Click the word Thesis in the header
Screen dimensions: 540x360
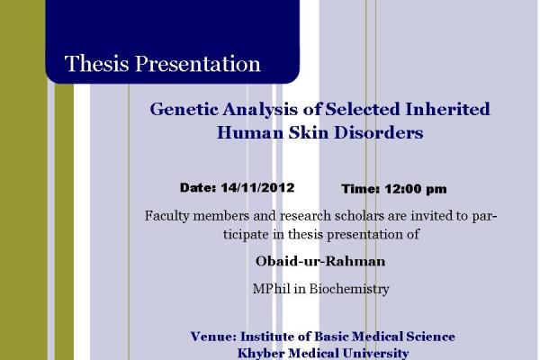(97, 63)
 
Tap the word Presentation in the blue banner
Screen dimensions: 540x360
(198, 63)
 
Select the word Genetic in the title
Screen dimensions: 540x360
(184, 109)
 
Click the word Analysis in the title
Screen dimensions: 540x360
(260, 110)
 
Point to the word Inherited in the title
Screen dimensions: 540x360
(447, 109)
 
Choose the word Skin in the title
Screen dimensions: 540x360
(309, 132)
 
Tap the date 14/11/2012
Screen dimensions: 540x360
(257, 187)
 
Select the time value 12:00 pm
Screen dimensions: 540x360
(415, 189)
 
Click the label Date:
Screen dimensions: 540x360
(198, 187)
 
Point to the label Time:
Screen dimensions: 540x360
(361, 189)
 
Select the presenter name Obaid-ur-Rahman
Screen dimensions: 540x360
(320, 261)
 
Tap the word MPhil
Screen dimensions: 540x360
(272, 288)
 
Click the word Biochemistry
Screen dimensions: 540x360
(349, 289)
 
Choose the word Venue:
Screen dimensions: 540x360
(213, 337)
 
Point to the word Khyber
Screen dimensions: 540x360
(261, 354)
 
